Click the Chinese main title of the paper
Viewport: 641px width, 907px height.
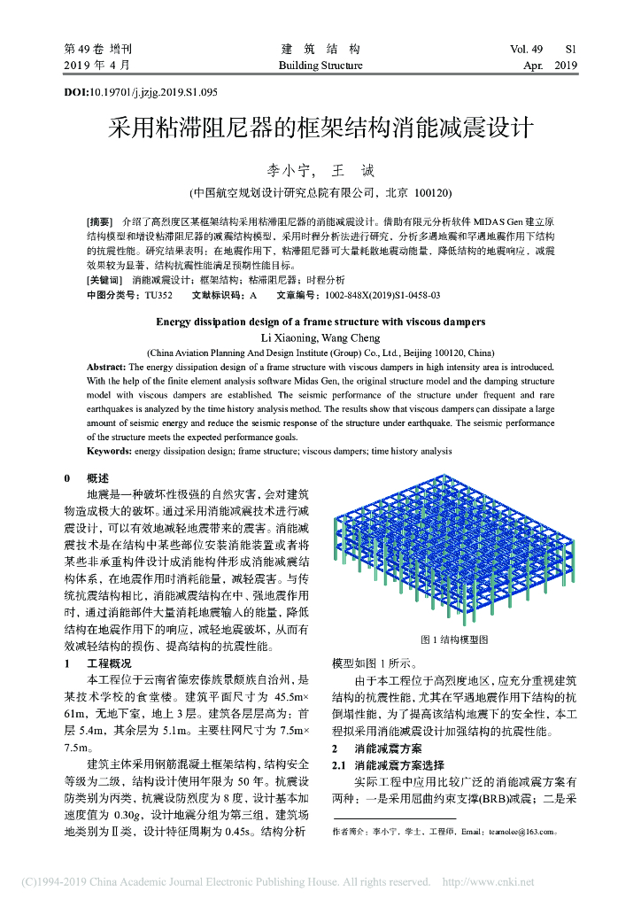(x=320, y=128)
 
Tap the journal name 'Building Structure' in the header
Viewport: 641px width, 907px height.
(x=320, y=66)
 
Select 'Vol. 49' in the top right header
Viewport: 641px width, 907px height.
(x=531, y=50)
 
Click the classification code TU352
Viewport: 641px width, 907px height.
(x=158, y=294)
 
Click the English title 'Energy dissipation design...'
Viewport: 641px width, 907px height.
(x=320, y=322)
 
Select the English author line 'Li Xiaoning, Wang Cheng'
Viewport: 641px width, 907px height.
(x=320, y=337)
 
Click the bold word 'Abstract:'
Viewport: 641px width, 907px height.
(x=106, y=366)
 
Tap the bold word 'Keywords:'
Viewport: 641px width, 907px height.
(x=109, y=451)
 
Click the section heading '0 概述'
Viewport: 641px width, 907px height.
(x=86, y=478)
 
